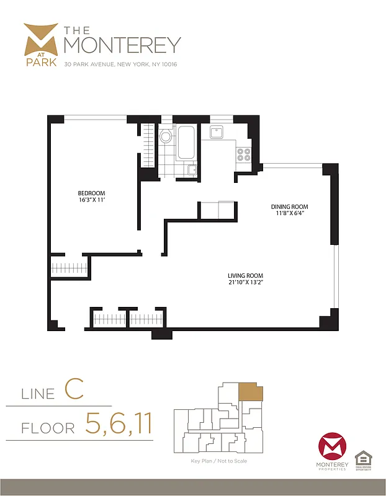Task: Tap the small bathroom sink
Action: click(192, 169)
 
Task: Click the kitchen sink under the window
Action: click(217, 131)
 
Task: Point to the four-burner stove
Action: click(244, 154)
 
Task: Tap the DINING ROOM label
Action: click(289, 206)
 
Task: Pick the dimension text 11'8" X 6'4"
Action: click(289, 215)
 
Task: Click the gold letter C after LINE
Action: click(74, 391)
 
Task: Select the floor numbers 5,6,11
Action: click(119, 426)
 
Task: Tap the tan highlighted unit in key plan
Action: click(251, 392)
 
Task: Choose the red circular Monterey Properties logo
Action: click(332, 448)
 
